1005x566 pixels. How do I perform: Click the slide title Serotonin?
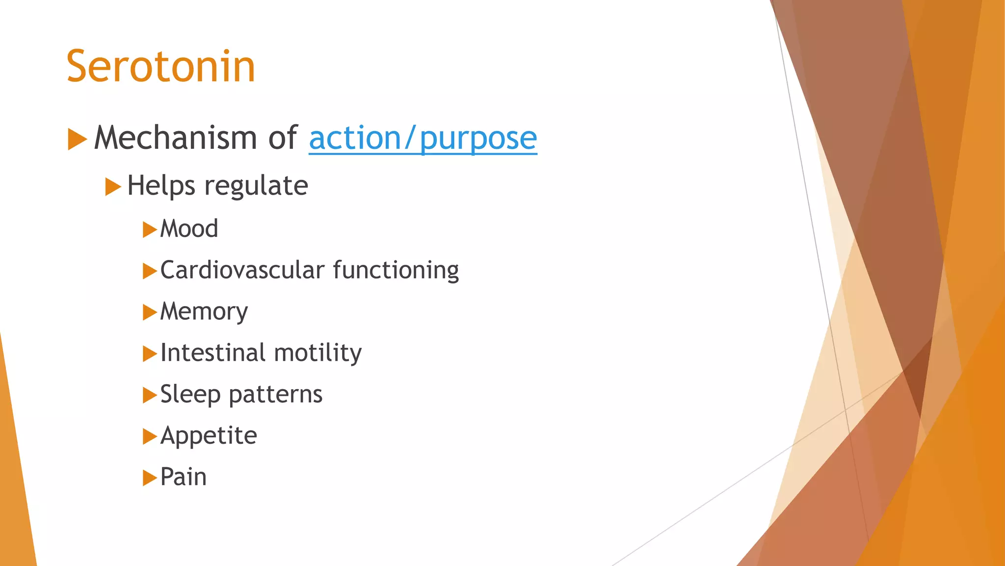tap(161, 66)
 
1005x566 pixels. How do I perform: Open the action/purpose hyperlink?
tap(423, 138)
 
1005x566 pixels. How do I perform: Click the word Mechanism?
tap(175, 137)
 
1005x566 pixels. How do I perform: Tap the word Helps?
tap(161, 186)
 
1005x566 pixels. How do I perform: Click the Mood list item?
tap(189, 229)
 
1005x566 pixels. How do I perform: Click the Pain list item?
tap(183, 477)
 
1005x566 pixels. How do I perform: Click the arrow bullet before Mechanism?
tap(77, 139)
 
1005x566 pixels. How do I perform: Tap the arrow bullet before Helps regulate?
tap(112, 187)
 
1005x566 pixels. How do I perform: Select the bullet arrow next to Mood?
tap(149, 229)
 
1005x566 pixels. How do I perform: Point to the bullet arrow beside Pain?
tap(149, 478)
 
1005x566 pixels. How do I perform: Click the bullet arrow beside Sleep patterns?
tap(149, 395)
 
